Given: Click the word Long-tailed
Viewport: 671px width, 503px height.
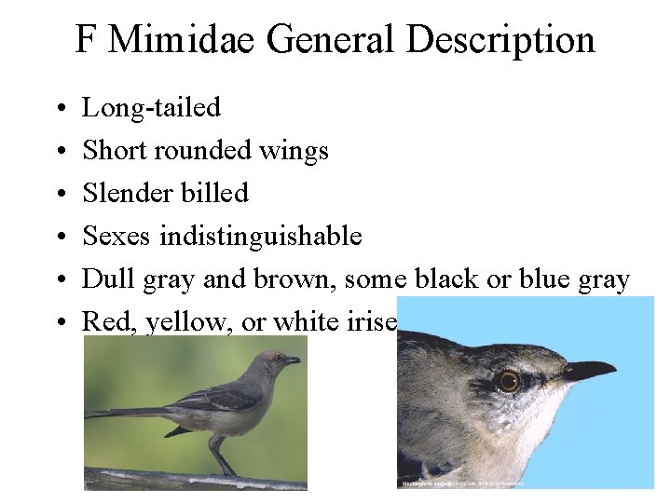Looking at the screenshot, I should [152, 108].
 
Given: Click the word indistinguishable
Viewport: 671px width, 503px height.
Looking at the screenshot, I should [261, 236].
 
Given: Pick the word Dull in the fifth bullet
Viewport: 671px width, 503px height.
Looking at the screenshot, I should [103, 279].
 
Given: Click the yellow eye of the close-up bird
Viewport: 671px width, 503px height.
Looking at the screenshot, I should [508, 380].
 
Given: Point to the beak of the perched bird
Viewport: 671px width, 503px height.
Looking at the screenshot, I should [292, 360].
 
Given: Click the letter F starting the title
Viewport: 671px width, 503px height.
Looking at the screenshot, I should [85, 40].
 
